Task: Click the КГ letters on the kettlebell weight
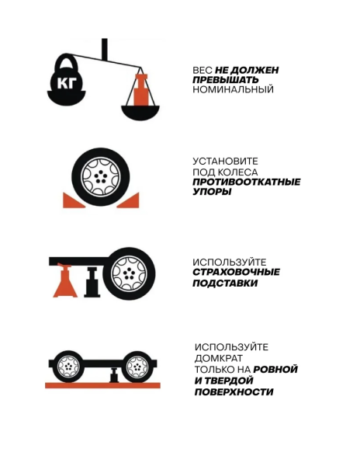67,82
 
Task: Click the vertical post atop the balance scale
104,49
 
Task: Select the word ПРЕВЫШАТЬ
225,80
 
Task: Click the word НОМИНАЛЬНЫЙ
233,89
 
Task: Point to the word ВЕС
202,71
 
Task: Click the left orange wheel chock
73,200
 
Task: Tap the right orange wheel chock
128,200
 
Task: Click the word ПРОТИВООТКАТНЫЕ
246,182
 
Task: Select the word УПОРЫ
212,192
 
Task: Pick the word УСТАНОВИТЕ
225,162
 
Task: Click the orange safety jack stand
65,280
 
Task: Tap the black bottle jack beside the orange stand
92,283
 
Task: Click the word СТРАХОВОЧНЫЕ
236,273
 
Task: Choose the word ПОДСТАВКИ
225,283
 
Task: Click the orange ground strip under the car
102,385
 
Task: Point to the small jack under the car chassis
114,375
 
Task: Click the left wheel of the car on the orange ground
68,367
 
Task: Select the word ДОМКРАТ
218,358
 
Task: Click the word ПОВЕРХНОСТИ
234,392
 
